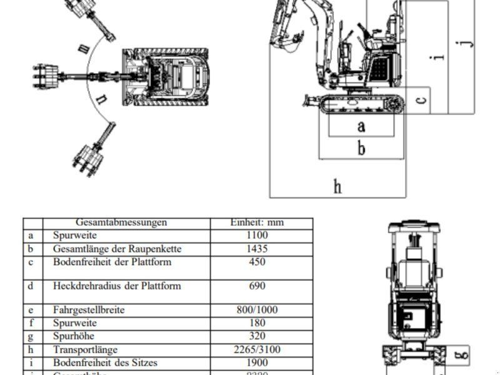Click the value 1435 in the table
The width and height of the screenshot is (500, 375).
tap(257, 249)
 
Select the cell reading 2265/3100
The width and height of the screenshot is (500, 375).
tap(257, 350)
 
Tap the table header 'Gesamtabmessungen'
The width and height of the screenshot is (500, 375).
tap(121, 222)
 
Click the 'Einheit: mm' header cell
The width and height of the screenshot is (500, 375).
tap(257, 222)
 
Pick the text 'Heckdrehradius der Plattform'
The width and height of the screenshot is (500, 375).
tap(117, 286)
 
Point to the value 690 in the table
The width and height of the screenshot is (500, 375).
tap(257, 286)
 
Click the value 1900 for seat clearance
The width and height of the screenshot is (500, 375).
tap(257, 362)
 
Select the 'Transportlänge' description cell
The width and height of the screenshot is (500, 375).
tap(85, 350)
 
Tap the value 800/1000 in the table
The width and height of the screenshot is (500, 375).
tap(257, 310)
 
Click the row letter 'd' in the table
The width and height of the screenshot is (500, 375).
tap(31, 286)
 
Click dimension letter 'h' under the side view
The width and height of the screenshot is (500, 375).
tap(337, 186)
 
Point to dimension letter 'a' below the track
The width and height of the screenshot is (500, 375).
tap(361, 126)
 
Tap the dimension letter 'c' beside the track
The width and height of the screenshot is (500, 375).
tap(422, 99)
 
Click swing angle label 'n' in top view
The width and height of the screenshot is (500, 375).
tap(101, 98)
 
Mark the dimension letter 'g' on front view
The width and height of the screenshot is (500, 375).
tap(462, 356)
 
